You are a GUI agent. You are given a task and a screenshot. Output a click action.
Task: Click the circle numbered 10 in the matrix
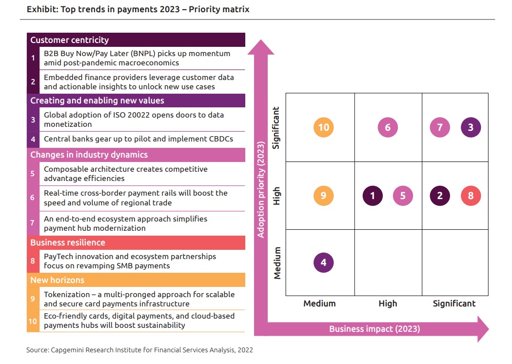(x=324, y=128)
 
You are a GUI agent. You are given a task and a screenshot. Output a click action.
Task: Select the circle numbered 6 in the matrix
(x=388, y=128)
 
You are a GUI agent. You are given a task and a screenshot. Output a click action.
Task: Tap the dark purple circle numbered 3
(x=471, y=128)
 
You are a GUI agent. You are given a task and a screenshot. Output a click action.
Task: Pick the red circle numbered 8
(x=471, y=196)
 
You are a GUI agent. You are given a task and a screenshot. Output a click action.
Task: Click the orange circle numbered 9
(x=323, y=196)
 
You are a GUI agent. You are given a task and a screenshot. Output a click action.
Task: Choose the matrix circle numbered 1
(x=373, y=196)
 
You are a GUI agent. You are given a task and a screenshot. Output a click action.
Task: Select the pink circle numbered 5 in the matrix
(x=403, y=196)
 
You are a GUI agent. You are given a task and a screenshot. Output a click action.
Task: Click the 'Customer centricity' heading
(x=69, y=40)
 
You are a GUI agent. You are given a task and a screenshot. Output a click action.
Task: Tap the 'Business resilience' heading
(x=67, y=243)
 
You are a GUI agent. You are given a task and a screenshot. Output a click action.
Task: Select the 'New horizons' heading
(x=57, y=280)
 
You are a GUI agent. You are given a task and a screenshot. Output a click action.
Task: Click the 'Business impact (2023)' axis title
(x=374, y=329)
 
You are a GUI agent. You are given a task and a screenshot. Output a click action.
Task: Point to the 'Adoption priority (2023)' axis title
(x=261, y=189)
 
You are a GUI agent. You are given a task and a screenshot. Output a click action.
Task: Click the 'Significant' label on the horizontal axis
(x=454, y=303)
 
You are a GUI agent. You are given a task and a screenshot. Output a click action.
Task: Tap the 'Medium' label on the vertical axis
(x=277, y=263)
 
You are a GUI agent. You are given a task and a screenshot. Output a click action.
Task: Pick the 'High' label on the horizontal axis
(x=388, y=303)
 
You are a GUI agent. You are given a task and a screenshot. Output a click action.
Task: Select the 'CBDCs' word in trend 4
(x=220, y=139)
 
